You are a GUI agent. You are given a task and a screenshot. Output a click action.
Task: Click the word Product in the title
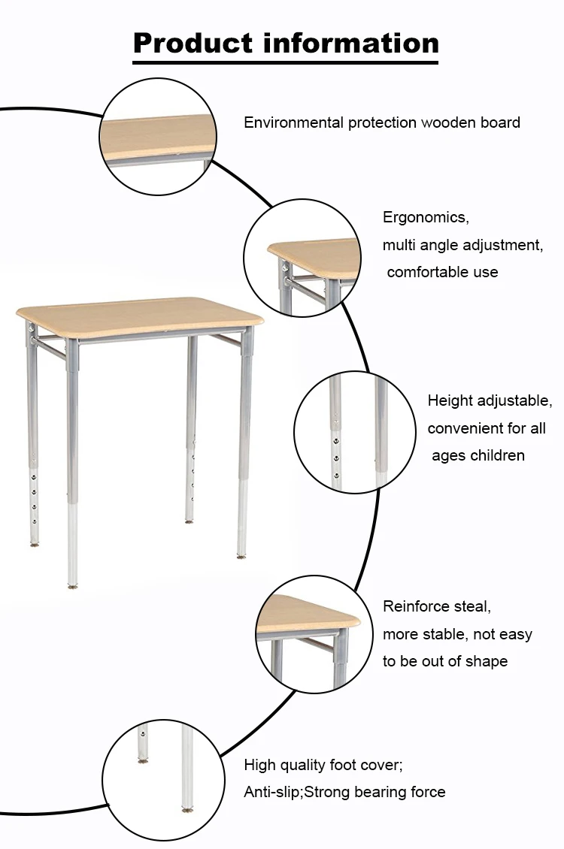[x=193, y=44]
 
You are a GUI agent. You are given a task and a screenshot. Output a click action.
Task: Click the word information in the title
[x=351, y=43]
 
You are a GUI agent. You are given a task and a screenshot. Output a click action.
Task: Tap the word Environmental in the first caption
[x=293, y=122]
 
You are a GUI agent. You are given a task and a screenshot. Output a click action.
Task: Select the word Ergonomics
[x=426, y=218]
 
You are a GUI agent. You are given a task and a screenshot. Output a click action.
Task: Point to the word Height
[x=450, y=401]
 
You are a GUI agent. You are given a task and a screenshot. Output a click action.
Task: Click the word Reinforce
[x=422, y=606]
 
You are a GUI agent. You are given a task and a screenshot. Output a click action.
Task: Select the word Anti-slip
[x=272, y=792]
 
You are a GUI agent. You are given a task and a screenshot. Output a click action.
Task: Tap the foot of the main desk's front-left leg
[x=72, y=585]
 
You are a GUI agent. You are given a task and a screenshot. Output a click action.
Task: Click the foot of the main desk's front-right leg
[x=241, y=555]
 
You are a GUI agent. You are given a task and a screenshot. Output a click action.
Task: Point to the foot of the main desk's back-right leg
[x=189, y=521]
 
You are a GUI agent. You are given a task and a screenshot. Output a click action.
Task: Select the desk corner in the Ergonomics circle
[x=276, y=251]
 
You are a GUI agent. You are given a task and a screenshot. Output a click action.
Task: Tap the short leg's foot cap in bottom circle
[x=143, y=761]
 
